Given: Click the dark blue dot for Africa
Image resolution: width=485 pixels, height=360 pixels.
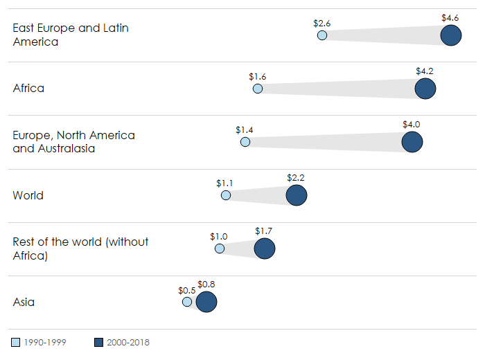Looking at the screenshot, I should click(x=425, y=89).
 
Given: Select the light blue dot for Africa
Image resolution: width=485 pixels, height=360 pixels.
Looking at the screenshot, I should click(x=258, y=89).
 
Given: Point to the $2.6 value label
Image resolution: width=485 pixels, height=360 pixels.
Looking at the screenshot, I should click(x=322, y=23).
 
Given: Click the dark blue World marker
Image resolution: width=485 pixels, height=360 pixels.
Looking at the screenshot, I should click(x=297, y=196).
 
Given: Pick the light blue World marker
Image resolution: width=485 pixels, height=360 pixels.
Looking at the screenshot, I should click(x=226, y=196).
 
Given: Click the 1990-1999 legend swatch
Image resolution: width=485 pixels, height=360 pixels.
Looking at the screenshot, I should click(x=17, y=342).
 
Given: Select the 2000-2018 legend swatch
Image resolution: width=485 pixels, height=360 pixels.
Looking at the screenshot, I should click(x=98, y=342).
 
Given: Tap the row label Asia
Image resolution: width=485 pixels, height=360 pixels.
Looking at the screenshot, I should click(x=24, y=302).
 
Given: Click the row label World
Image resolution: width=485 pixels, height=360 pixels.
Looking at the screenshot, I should click(x=28, y=195).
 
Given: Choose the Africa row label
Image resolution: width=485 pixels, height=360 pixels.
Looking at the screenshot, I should click(x=28, y=88).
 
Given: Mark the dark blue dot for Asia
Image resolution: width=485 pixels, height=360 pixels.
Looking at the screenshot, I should click(x=206, y=303).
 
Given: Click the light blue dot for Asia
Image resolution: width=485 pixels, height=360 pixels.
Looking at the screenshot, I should click(x=187, y=303).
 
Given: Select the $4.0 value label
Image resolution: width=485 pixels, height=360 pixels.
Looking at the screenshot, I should click(x=412, y=124).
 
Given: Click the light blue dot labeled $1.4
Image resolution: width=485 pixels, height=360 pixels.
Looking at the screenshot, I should click(x=245, y=142).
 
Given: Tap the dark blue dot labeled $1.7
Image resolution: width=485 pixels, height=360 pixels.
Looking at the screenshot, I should click(x=265, y=249).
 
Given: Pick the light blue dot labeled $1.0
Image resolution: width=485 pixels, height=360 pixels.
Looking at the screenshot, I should click(x=220, y=249).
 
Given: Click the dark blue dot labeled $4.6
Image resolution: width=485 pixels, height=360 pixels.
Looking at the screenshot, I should click(x=451, y=35).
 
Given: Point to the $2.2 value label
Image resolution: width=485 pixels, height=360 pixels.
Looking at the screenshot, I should click(x=296, y=178).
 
